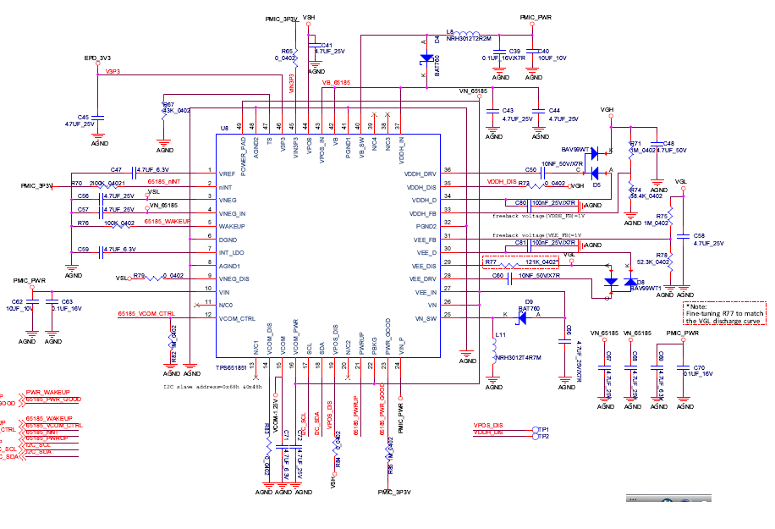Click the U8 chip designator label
224,128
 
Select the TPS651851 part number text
231,367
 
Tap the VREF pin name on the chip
227,173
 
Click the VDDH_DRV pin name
420,173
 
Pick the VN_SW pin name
426,317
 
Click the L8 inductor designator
450,31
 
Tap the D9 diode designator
528,301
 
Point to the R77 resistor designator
491,262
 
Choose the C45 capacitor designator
83,117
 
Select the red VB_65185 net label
336,83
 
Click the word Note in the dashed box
700,306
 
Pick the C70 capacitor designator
699,367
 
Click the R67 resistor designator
168,104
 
